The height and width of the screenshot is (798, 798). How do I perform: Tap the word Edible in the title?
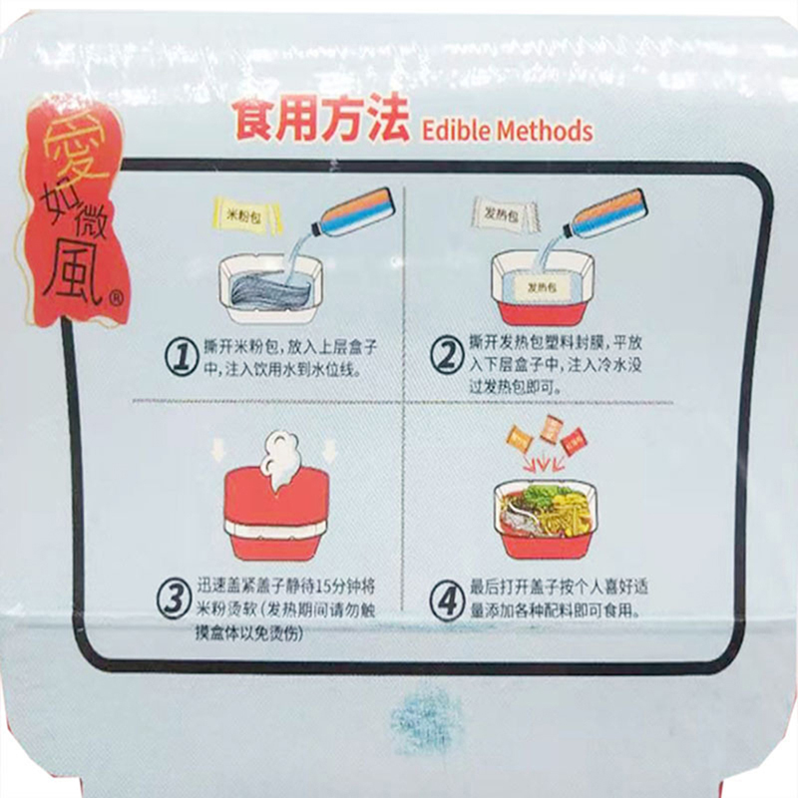[x=457, y=131]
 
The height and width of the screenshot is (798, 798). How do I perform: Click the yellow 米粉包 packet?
[x=247, y=216]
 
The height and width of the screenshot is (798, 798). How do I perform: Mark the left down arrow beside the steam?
[x=218, y=451]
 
